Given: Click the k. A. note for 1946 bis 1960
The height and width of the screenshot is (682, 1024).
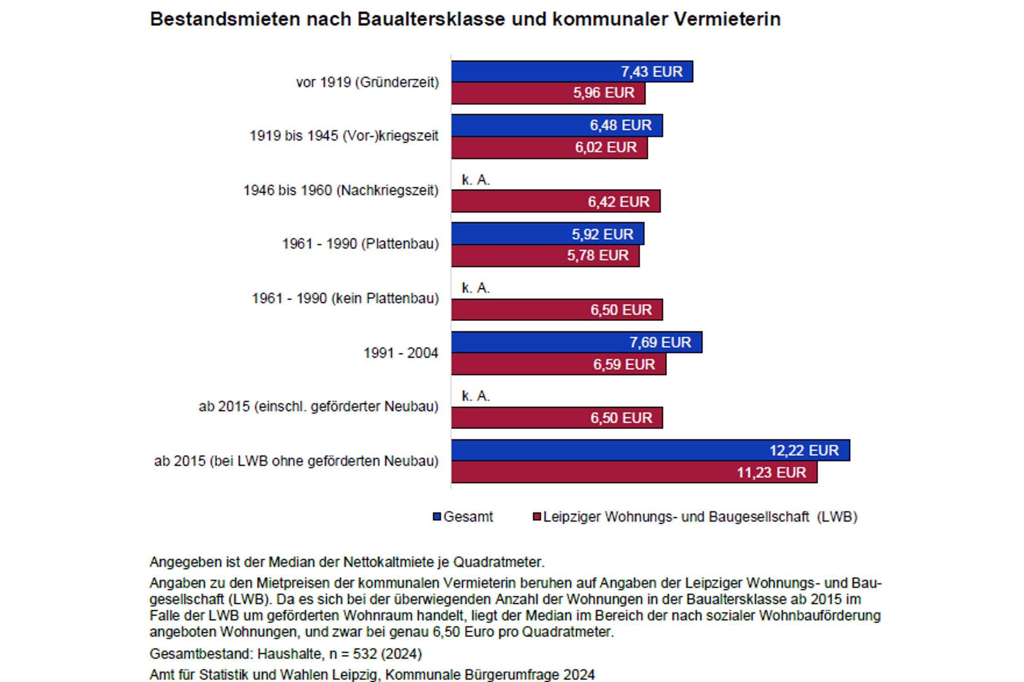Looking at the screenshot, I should pos(476,180).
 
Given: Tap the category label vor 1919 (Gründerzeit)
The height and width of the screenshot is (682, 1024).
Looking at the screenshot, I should pos(367,82).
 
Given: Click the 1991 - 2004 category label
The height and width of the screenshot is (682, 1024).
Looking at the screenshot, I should pos(400,353).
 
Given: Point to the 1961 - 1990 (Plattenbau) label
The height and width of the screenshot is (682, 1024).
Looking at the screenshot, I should pos(360,244).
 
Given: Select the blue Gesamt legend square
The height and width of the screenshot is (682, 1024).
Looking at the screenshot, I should pos(437,517).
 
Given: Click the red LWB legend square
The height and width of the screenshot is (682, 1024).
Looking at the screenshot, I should pos(537,517).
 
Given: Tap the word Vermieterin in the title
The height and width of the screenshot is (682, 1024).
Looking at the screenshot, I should pos(727,19).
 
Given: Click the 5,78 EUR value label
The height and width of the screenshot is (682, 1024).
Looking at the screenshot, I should pos(598,256).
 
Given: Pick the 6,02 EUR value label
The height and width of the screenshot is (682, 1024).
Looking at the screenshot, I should pos(606,147).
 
